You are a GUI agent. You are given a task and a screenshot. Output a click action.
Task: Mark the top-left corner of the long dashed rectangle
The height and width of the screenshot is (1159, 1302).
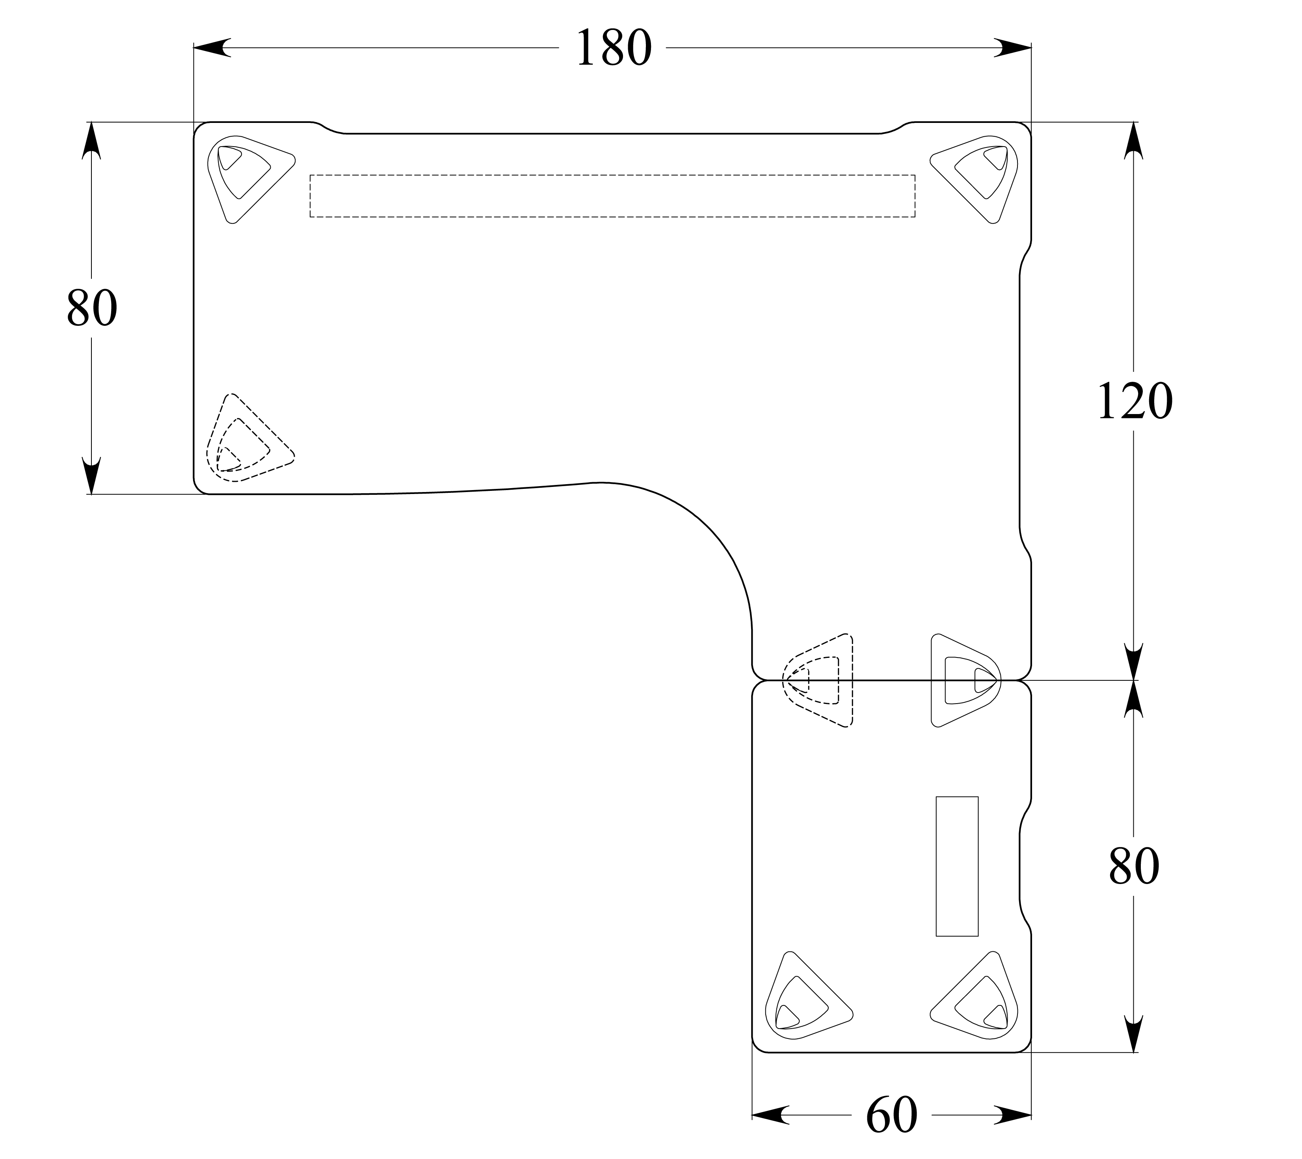point(310,175)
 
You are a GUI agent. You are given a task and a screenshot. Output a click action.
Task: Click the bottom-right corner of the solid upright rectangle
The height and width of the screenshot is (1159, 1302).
point(978,936)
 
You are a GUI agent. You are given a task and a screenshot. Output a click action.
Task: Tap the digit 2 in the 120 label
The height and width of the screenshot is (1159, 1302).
point(1135,402)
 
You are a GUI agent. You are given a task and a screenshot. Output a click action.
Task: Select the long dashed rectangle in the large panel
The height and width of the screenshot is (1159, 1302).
point(613,196)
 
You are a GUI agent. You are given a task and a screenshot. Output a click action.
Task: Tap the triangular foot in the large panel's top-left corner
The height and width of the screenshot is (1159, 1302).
point(251,179)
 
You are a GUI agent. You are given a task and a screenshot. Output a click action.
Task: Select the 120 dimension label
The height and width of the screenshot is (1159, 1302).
point(1135,402)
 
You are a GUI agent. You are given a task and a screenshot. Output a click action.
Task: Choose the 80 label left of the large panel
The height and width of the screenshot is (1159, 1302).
point(92,308)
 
